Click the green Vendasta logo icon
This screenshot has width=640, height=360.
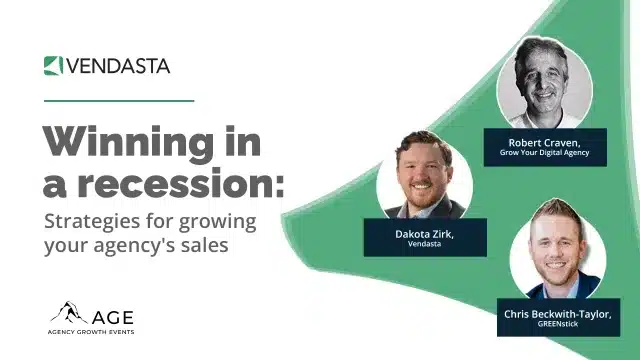point(54,66)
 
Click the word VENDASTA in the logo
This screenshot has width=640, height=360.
point(118,66)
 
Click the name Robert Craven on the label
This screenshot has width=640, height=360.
point(545,142)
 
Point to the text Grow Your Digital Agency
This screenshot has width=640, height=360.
point(545,153)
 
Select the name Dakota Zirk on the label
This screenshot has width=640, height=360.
point(424,233)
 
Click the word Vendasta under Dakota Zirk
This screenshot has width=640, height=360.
point(424,244)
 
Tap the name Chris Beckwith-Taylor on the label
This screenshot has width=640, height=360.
point(557,314)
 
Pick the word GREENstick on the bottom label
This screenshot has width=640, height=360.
point(557,326)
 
